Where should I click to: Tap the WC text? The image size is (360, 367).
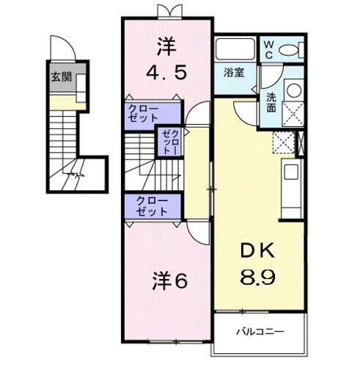[268, 49]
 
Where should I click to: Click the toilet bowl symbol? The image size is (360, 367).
[289, 49]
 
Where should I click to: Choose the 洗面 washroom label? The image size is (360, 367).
[271, 101]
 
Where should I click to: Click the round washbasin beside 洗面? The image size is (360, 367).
[293, 90]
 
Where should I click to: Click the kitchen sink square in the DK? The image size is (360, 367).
[290, 172]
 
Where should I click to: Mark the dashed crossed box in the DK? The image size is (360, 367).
[282, 141]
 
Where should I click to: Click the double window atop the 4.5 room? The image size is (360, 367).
[168, 10]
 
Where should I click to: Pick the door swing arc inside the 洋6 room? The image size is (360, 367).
[196, 233]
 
